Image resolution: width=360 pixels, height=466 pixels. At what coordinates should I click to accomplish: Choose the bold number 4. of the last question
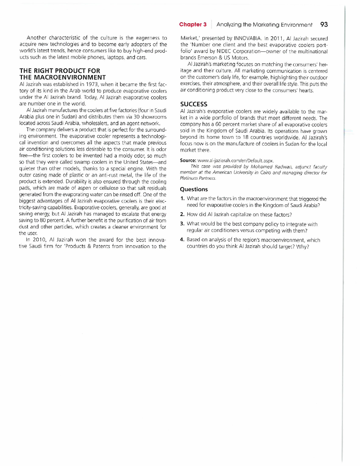click(x=183, y=241)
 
